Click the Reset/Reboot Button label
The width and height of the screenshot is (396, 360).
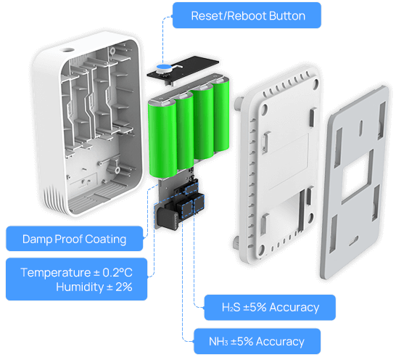click(247, 15)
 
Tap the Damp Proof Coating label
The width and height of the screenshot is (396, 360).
click(75, 239)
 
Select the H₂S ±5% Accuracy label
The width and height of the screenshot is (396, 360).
click(270, 307)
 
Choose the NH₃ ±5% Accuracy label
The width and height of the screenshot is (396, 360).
click(257, 341)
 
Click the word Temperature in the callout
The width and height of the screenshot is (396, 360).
click(56, 272)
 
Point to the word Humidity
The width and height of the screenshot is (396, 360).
click(80, 287)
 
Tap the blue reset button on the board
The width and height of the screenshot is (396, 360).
click(163, 67)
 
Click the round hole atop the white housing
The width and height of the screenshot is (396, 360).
click(67, 49)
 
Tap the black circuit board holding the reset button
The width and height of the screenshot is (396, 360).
click(183, 70)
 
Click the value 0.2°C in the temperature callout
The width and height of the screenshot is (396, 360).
click(117, 272)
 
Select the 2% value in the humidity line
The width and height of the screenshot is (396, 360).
click(124, 287)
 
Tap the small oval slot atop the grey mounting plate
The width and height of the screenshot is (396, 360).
click(361, 126)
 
